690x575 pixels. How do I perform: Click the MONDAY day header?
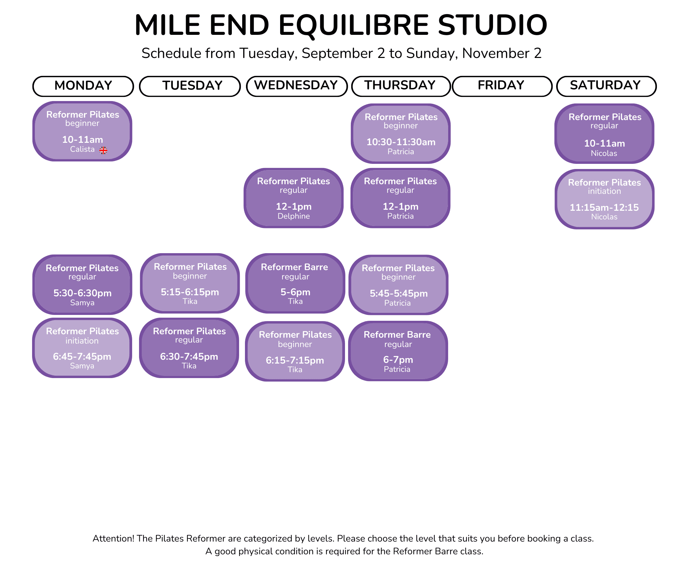tap(83, 86)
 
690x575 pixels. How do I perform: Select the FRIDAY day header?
tap(502, 86)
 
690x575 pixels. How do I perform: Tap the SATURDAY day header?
tap(606, 86)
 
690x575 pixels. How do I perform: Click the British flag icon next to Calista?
tap(103, 150)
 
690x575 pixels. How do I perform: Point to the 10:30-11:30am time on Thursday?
tap(401, 142)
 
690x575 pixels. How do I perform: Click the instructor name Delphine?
tap(294, 216)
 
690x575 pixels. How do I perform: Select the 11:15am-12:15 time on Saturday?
tap(604, 207)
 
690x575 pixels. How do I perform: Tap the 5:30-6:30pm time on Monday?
tap(82, 293)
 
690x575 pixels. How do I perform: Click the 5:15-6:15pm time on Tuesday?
tap(190, 292)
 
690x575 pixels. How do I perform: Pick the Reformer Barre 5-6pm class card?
tap(295, 283)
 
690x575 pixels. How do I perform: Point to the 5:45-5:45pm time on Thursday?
tap(398, 294)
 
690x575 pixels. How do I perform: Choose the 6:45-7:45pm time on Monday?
tap(82, 356)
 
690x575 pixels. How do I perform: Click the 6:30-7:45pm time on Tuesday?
tap(189, 356)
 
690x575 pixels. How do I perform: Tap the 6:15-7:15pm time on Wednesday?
tap(295, 360)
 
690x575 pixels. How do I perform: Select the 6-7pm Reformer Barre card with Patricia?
tap(398, 351)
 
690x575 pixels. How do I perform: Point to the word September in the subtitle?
tap(343, 53)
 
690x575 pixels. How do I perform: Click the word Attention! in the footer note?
tap(113, 538)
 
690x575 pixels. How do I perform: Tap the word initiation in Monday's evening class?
tap(82, 341)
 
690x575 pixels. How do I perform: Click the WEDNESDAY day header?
tap(297, 86)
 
